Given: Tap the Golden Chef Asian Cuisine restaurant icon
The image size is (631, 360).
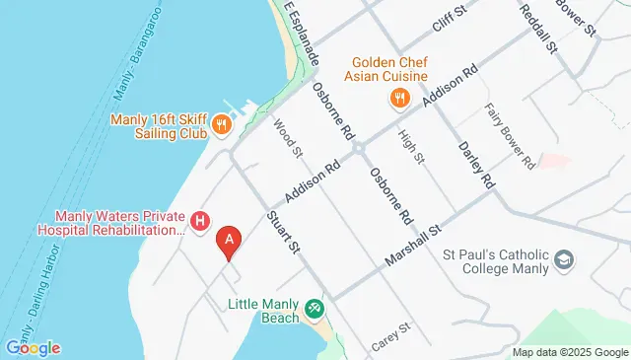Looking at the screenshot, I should [x=398, y=97].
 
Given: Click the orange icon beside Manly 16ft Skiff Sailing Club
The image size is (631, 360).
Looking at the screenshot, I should [x=222, y=125].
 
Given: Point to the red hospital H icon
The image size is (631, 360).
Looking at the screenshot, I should [x=201, y=222].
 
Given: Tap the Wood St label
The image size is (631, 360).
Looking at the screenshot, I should [x=288, y=138].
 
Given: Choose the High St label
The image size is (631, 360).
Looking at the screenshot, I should [x=411, y=145].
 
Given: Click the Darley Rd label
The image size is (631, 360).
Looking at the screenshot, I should [x=475, y=163].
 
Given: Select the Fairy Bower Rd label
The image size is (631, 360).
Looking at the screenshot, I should [x=511, y=135].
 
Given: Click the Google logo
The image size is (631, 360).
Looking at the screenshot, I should [x=32, y=347].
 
